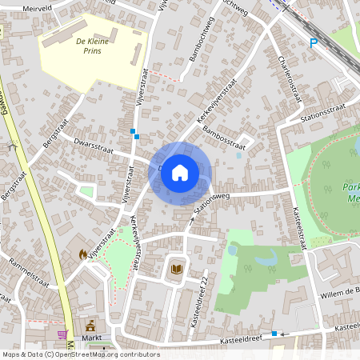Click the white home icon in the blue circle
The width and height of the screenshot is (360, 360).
point(180,172)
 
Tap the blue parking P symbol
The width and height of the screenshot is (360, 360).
point(313,43)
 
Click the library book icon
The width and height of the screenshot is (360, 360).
point(176,270)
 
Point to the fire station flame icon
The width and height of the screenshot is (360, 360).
point(82,254)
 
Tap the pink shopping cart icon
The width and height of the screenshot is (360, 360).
point(62,334)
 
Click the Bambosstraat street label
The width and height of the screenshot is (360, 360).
point(223,130)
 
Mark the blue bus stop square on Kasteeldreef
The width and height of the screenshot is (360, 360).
point(274,333)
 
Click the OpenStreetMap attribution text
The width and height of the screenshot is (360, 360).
point(80,354)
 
